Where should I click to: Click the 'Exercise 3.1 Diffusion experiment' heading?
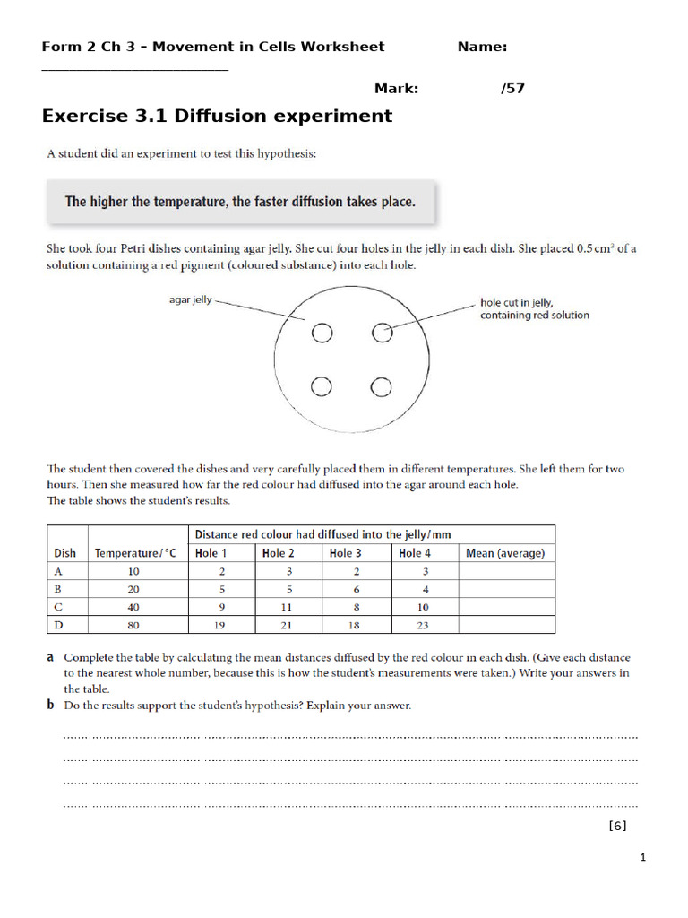[x=217, y=116]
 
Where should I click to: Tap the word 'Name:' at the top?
[x=482, y=47]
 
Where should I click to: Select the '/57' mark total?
[x=512, y=88]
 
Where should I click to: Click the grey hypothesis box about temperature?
[x=240, y=202]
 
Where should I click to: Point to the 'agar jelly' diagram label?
[x=190, y=299]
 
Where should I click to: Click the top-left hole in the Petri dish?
[x=322, y=333]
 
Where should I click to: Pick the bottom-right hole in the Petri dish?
[x=382, y=387]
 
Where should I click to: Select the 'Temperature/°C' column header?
[x=135, y=553]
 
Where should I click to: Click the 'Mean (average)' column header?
[x=505, y=553]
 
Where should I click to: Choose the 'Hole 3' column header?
[x=346, y=553]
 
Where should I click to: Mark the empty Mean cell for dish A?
[x=505, y=571]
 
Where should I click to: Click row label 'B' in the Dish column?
[x=59, y=589]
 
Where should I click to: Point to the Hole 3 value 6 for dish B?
[x=357, y=589]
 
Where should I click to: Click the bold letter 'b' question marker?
[x=50, y=706]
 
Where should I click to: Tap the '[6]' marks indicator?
[x=617, y=826]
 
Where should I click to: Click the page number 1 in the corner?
[x=642, y=858]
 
